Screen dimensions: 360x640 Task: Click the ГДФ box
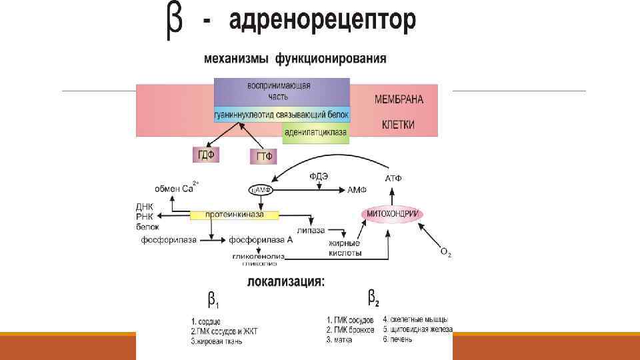[205, 155]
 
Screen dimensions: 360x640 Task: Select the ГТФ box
[262, 157]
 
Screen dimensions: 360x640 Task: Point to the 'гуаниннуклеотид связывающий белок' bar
[281, 115]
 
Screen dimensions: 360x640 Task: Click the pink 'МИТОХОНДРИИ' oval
[394, 213]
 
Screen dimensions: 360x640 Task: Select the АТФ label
[393, 179]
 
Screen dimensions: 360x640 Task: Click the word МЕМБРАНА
[399, 100]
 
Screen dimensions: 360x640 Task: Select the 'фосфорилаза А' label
[261, 239]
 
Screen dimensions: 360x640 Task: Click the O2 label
[445, 252]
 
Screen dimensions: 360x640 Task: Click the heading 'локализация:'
[287, 281]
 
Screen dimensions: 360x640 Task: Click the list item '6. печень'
[398, 339]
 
